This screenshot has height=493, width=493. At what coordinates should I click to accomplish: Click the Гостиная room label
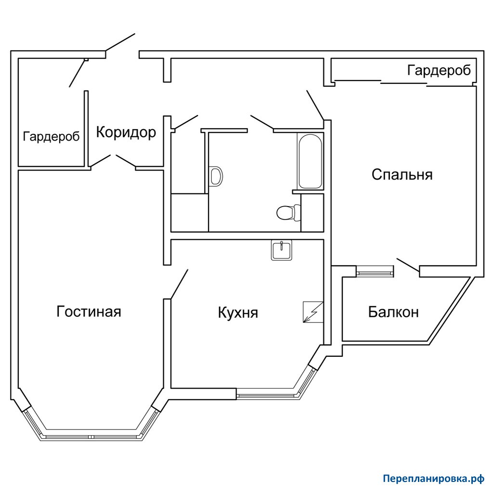[x=89, y=311]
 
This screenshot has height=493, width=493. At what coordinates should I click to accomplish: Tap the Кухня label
[x=238, y=312]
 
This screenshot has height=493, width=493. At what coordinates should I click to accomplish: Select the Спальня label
[x=402, y=174]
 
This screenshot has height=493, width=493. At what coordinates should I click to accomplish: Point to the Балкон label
[x=393, y=312]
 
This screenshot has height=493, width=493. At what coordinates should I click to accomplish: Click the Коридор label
[x=126, y=132]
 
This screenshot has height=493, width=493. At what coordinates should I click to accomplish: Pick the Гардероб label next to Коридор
[x=51, y=136]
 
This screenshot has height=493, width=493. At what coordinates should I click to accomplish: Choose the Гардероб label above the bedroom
[x=439, y=70]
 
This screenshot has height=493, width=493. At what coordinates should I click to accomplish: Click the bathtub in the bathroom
[x=311, y=162]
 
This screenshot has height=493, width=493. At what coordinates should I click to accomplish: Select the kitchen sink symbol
[x=281, y=250]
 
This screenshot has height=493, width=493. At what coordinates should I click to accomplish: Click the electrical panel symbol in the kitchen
[x=313, y=312]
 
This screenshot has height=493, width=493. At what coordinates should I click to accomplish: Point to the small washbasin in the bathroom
[x=216, y=176]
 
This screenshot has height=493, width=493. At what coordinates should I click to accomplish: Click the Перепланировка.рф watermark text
[x=434, y=479]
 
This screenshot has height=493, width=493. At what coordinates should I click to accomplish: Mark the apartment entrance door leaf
[x=120, y=42]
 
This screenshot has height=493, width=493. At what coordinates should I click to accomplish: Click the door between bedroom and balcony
[x=408, y=265]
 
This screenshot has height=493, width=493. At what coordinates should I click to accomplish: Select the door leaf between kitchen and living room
[x=179, y=284]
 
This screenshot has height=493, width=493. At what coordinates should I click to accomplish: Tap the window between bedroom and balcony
[x=375, y=271]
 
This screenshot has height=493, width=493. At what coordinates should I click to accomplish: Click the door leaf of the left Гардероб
[x=78, y=73]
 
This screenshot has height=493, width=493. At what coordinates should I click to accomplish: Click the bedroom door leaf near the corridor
[x=315, y=105]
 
